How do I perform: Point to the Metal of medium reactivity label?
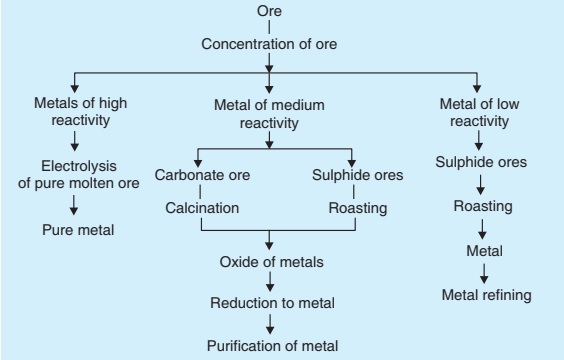tap(267, 112)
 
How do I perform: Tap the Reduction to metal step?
tap(267, 302)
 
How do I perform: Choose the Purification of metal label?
tap(267, 346)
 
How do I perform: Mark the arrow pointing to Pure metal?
tap(73, 205)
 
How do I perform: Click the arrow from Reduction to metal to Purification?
tap(267, 323)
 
